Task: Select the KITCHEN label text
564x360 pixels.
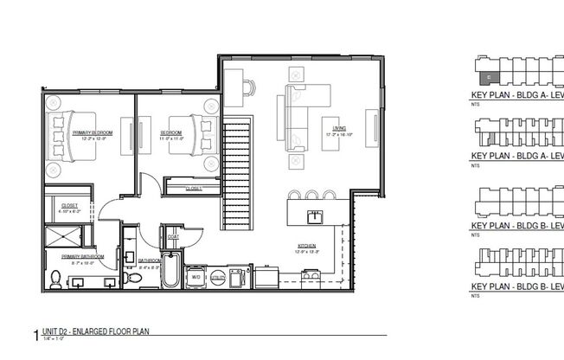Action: pos(307,246)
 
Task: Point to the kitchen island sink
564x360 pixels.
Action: pos(313,214)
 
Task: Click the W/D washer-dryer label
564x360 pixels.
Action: pos(196,277)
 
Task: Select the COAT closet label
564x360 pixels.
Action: pos(173,235)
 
